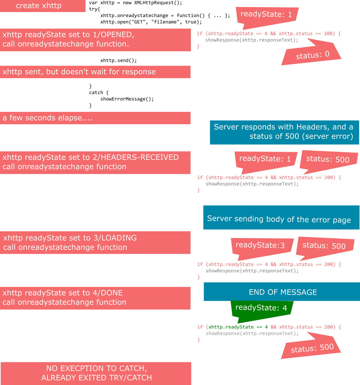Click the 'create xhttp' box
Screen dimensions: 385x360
[43, 6]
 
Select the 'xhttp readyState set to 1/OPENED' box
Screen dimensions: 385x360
[95, 40]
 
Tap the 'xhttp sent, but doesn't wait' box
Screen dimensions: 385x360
[95, 72]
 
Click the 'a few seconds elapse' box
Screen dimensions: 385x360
[95, 118]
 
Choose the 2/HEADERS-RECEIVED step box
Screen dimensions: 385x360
[95, 162]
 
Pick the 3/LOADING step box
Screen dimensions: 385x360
[95, 243]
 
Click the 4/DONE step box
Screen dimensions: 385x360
[95, 298]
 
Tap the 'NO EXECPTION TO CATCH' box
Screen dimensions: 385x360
[96, 373]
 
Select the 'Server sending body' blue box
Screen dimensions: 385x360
[281, 218]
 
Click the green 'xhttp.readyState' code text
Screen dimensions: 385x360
[231, 327]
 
